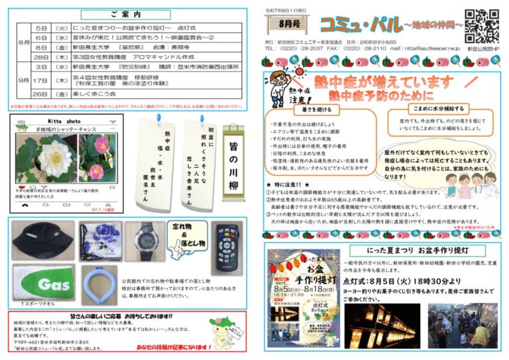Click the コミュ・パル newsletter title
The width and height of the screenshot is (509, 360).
(x=358, y=25)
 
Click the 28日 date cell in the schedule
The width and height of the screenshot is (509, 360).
(x=39, y=57)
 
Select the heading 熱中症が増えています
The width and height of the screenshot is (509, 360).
(x=374, y=83)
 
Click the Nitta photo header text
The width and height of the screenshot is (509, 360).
(x=64, y=123)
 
